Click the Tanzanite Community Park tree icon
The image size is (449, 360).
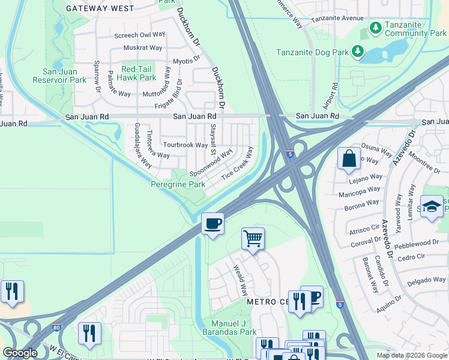coord(376,28)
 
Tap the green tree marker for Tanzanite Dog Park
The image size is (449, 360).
coord(358,52)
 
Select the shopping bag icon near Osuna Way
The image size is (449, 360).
coord(349,159)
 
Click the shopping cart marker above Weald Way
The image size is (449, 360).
coord(253,239)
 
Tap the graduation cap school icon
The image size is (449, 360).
coord(432,207)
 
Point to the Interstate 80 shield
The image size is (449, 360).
coord(56,328)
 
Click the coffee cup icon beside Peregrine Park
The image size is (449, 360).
coord(212,224)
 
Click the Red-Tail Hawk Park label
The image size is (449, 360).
coord(139,74)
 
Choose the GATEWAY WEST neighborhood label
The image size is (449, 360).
coord(100,8)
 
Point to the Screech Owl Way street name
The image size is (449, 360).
coord(139,35)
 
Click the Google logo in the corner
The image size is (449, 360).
coord(20,353)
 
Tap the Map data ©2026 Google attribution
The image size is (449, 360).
coord(411,355)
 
